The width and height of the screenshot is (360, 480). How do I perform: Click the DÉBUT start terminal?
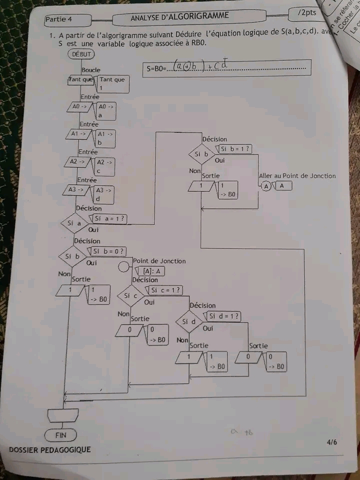[x=81, y=54]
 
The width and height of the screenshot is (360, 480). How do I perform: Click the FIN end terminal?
[x=60, y=435]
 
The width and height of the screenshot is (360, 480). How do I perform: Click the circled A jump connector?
[x=266, y=186]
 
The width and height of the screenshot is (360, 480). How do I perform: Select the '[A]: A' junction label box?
[x=150, y=271]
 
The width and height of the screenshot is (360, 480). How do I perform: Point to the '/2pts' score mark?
[x=306, y=12]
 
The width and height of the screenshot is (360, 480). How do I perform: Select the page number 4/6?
[x=332, y=442]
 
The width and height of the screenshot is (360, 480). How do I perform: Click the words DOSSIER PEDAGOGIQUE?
[x=50, y=450]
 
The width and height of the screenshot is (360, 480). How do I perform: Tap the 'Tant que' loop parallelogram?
[x=81, y=79]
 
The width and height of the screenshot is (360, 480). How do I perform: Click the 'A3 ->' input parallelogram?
[x=79, y=190]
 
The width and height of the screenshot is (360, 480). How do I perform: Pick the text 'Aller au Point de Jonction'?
[x=297, y=175]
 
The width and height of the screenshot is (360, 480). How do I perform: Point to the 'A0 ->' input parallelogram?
[x=79, y=107]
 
